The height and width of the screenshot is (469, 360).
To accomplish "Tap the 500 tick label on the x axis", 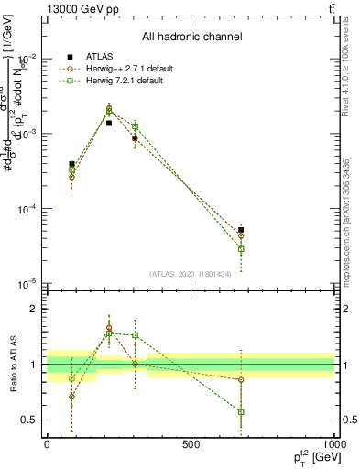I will click(x=191, y=444).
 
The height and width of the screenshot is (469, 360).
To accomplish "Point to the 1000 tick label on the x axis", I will click(x=333, y=444).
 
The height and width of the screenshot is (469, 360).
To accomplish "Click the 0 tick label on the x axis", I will click(x=47, y=444).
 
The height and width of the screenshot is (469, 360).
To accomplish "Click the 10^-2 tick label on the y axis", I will click(x=27, y=58).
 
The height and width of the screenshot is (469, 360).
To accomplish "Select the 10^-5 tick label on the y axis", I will click(x=27, y=284).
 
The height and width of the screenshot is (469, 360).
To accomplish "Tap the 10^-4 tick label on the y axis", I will click(x=27, y=209).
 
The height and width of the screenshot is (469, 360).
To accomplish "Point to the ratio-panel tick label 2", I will click(x=35, y=309).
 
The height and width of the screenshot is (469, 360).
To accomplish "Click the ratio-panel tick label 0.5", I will click(x=31, y=420).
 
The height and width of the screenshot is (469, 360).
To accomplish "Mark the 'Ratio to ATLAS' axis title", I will click(x=13, y=365).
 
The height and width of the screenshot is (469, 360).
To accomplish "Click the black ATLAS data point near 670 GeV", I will click(x=241, y=230).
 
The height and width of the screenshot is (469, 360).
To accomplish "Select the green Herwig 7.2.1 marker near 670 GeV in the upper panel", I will click(x=241, y=249).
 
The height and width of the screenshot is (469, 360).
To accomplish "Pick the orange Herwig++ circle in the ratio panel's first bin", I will click(x=71, y=397).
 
